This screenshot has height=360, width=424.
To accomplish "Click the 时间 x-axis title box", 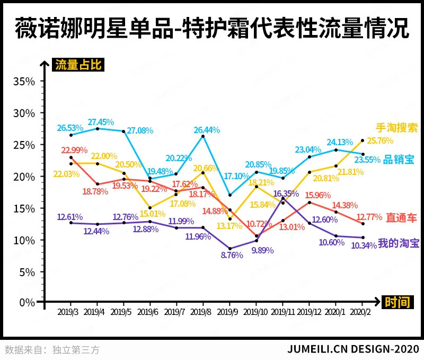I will (x=397, y=302).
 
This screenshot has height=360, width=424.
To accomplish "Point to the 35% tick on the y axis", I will (x=24, y=82).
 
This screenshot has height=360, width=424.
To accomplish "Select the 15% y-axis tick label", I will (x=24, y=208).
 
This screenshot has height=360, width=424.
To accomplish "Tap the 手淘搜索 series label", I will (x=397, y=128).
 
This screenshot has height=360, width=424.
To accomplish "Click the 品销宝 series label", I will (x=399, y=159).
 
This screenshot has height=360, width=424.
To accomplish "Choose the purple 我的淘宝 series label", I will (x=399, y=243).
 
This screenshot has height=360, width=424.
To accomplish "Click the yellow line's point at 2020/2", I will (x=363, y=141).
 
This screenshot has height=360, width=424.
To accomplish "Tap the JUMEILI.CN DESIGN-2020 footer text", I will (x=353, y=349).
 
